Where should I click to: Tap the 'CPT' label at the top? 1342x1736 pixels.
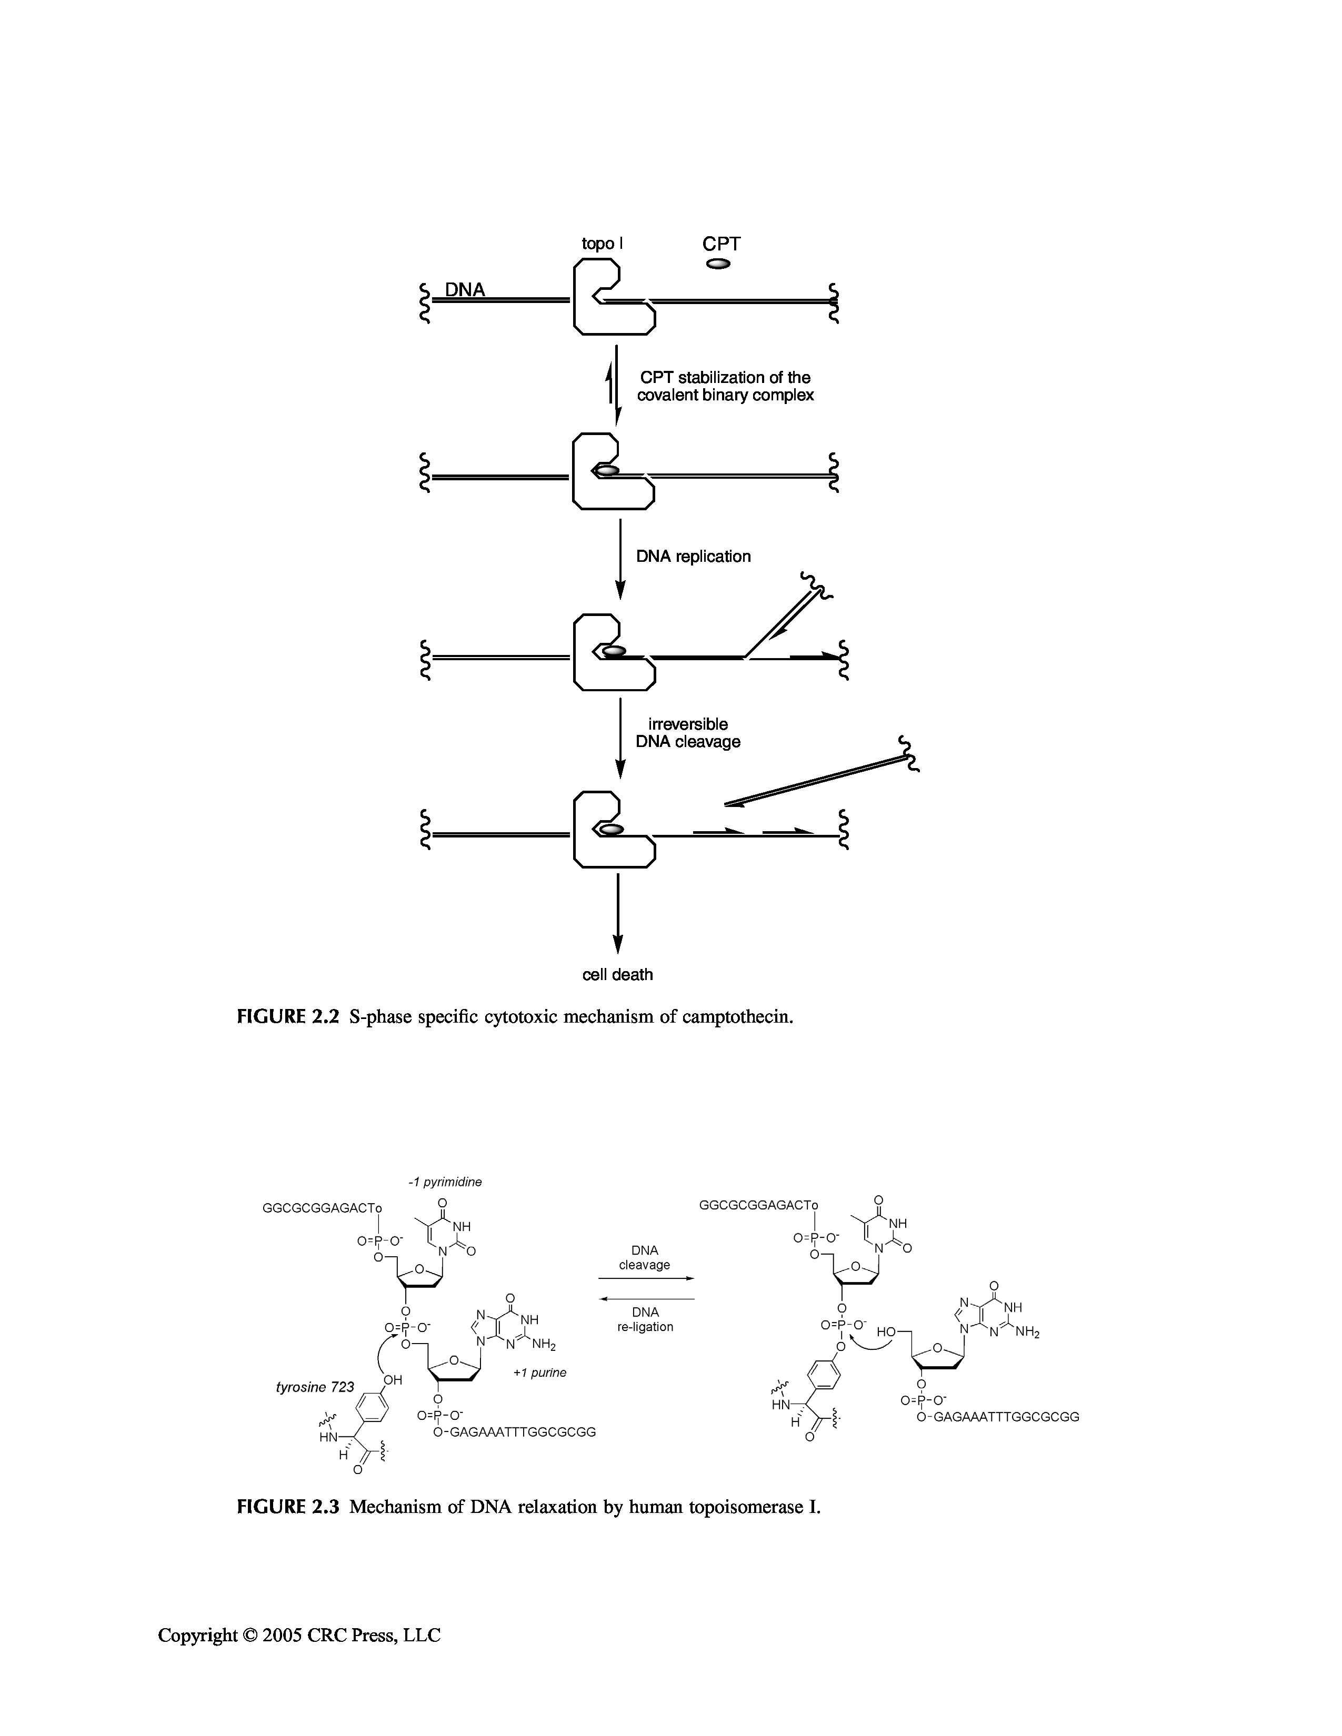coord(720,244)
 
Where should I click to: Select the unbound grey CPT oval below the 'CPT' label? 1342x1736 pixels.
coord(718,264)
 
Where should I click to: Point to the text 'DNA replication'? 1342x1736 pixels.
coord(693,557)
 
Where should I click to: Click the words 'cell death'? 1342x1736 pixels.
coord(618,974)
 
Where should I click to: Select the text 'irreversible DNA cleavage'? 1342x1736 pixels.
coord(688,733)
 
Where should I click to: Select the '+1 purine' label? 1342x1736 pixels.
coord(539,1372)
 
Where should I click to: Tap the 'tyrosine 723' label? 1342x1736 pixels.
coord(315,1387)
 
